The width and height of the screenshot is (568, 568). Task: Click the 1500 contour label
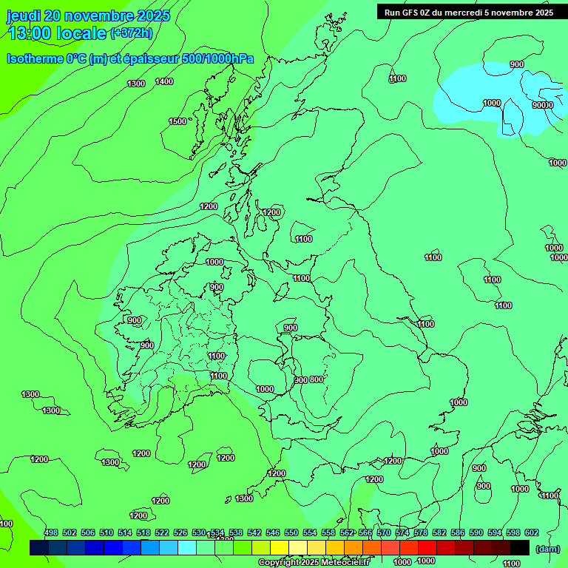[x=177, y=121]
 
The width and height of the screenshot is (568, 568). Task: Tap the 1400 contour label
[x=164, y=81]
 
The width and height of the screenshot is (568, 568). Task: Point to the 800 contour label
[x=316, y=379]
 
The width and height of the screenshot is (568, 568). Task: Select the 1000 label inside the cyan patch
[x=492, y=103]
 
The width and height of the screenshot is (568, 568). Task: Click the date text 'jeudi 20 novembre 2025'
[x=88, y=16]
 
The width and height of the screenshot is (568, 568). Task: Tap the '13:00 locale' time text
[x=57, y=33]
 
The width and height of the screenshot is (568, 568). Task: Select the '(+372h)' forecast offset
[x=131, y=33]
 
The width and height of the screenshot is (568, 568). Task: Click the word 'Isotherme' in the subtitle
[x=35, y=58]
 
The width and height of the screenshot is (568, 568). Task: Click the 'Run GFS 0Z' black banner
[x=468, y=12]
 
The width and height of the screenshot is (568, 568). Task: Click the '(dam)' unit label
[x=547, y=548]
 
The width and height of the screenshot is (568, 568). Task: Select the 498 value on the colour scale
[x=51, y=532]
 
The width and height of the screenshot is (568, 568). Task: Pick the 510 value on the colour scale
[x=106, y=532]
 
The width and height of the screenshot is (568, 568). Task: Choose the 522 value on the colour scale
[x=162, y=532]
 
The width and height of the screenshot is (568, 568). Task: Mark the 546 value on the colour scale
[x=273, y=532]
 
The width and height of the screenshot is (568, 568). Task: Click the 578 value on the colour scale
[x=421, y=532]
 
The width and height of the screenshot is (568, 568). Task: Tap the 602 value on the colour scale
[x=531, y=532]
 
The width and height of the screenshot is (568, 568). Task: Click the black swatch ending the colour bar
[x=520, y=547]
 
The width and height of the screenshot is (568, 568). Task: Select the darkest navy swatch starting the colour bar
[x=39, y=547]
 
